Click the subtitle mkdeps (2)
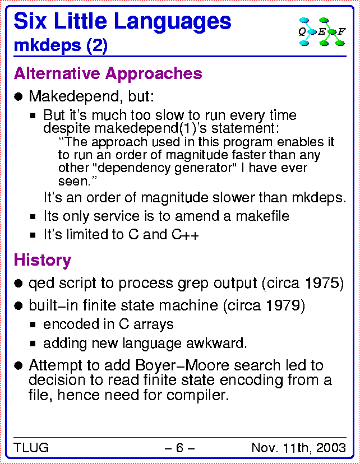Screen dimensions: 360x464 (61, 45)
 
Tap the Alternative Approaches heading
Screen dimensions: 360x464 (108, 73)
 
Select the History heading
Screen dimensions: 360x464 (42, 261)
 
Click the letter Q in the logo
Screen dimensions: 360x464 (302, 31)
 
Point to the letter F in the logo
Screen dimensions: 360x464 (341, 31)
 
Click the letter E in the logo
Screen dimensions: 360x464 (321, 31)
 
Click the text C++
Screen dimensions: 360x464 (185, 235)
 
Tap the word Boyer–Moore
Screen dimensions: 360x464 (182, 365)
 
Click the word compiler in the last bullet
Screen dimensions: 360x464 (197, 395)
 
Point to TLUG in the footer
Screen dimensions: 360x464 (31, 447)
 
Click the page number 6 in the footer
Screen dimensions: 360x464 (179, 448)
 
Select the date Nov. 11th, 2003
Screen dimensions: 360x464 (299, 448)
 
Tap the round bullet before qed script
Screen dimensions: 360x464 (19, 284)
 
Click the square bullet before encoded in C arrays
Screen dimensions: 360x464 (33, 325)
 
